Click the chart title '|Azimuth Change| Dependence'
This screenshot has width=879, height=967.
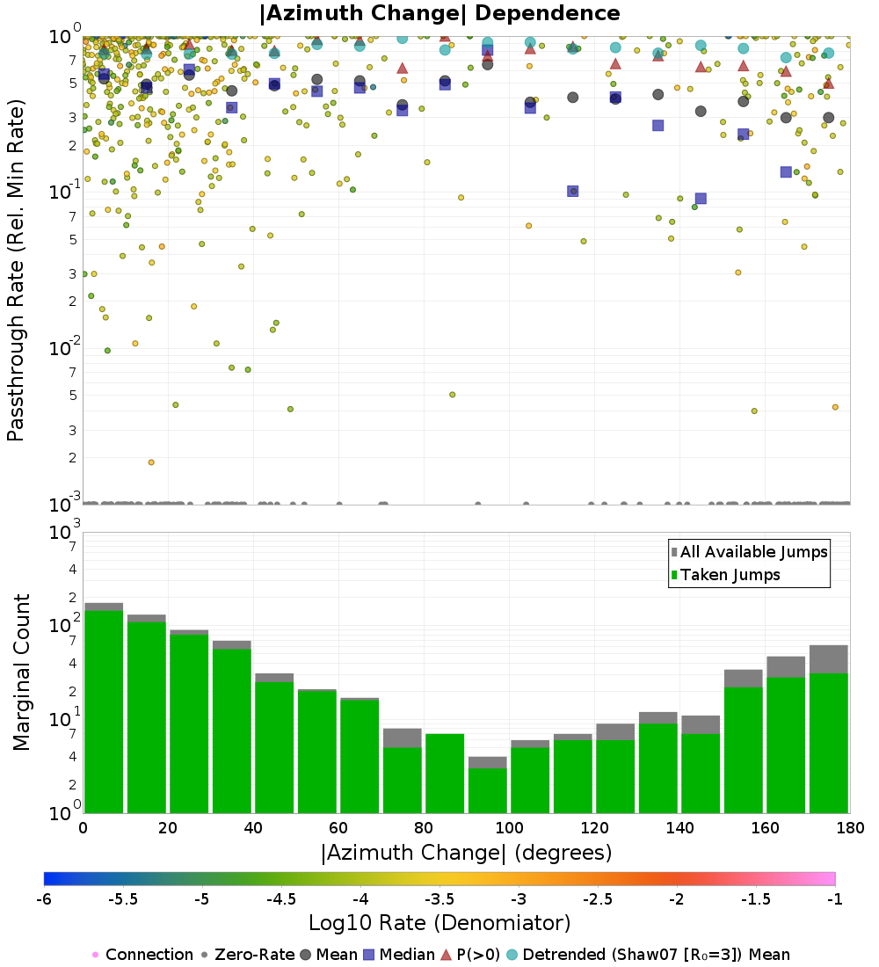coord(439,14)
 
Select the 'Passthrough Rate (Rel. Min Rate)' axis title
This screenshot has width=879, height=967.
coord(16,270)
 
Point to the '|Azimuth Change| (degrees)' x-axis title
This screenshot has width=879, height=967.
coord(466,852)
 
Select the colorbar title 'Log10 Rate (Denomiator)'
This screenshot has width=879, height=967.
coord(439,923)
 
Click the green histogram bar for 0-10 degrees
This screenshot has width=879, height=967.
coord(104,712)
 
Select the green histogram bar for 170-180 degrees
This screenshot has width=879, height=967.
coord(828,743)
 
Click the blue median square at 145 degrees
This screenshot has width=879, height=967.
coord(701,199)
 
